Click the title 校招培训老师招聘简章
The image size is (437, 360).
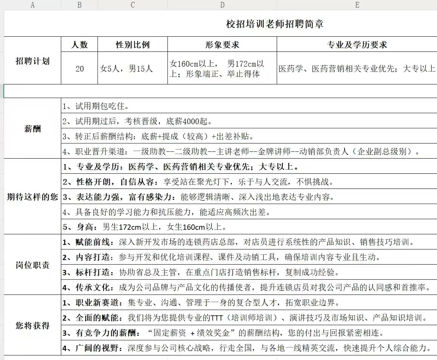[275, 24]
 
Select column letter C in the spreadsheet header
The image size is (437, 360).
[132, 5]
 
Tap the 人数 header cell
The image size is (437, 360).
[79, 45]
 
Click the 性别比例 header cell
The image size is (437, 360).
[132, 45]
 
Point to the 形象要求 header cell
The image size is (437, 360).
[222, 45]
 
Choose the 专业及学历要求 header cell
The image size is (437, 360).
[356, 45]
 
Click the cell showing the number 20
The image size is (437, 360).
[79, 69]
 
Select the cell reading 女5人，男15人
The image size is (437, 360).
[126, 69]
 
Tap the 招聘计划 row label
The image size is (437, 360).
[33, 61]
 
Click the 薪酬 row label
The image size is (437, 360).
[33, 129]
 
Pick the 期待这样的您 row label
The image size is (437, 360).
[33, 197]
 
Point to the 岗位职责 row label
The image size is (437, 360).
[33, 265]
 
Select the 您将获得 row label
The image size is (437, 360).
[33, 326]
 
